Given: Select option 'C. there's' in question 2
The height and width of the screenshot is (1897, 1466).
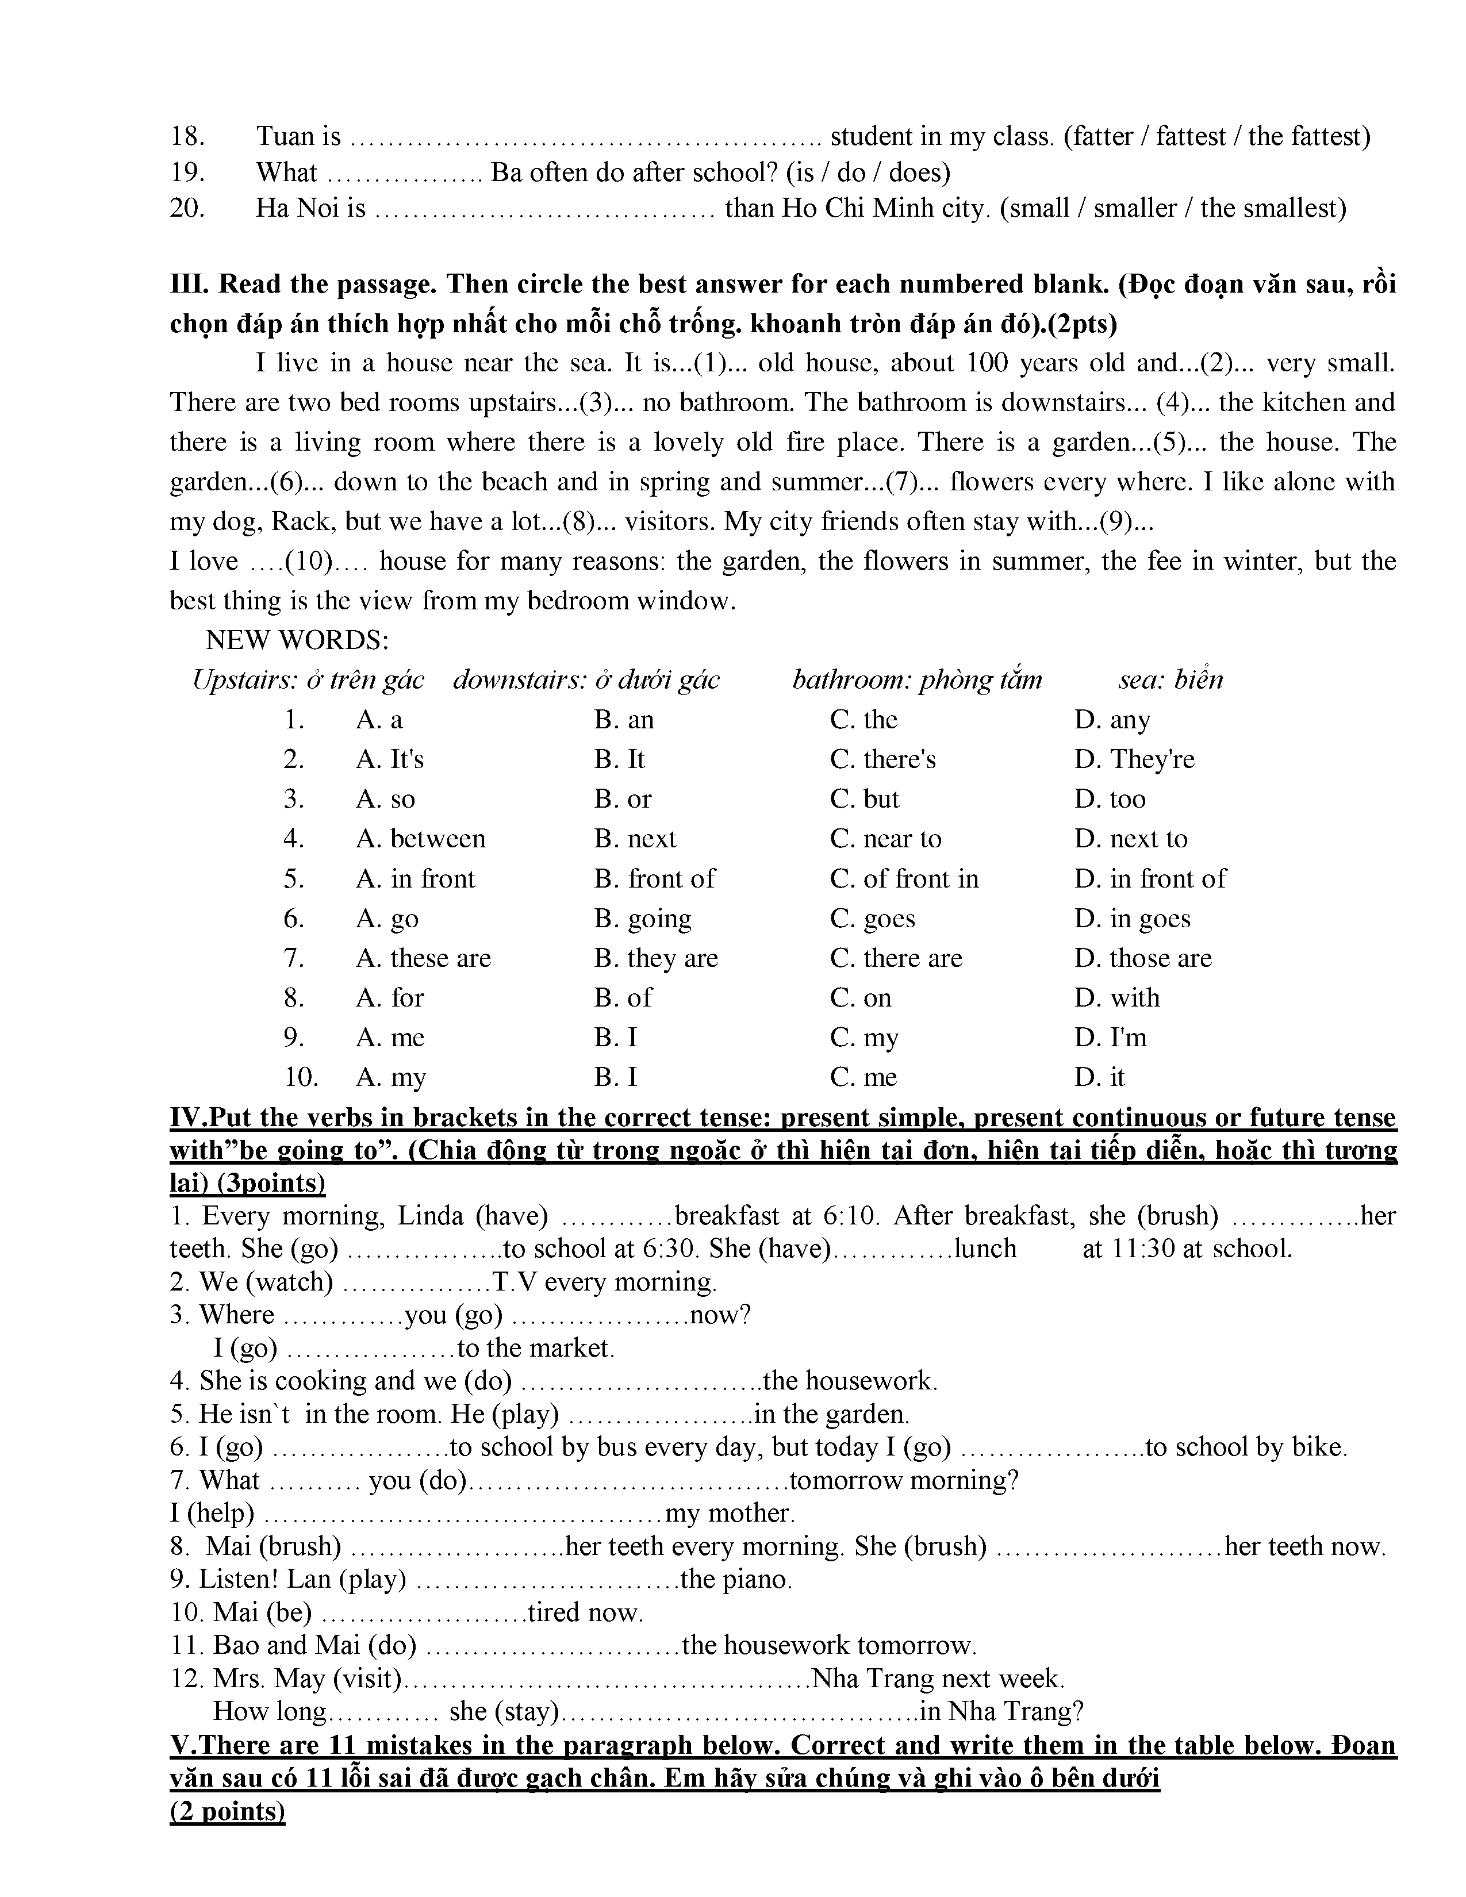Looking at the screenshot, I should [882, 760].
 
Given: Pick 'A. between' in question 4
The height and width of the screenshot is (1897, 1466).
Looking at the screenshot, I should [420, 839].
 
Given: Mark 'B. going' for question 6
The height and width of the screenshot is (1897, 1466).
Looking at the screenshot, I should [643, 919].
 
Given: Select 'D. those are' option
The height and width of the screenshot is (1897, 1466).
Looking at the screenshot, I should [1143, 958].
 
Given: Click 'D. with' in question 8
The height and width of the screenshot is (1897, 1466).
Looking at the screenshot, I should [1117, 998].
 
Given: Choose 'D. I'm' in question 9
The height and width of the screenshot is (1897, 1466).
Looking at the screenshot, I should [1111, 1038].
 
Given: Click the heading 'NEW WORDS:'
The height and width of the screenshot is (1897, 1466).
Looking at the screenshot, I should [297, 641].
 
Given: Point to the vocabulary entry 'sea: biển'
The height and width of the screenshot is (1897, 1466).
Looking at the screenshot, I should [1170, 680].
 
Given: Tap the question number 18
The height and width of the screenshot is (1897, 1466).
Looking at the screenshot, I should [187, 136].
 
